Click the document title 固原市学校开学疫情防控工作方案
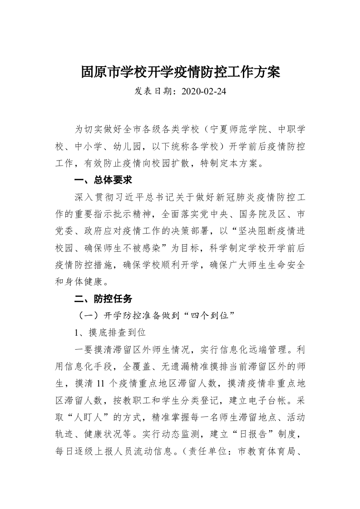point(180,72)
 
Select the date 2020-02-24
point(203,92)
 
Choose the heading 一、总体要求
point(103,180)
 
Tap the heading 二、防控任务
point(103,299)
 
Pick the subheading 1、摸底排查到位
point(110,333)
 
